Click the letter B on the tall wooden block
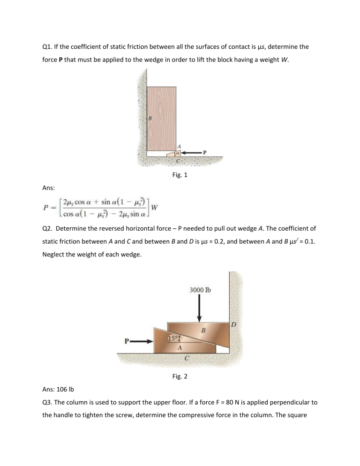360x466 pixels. coord(150,118)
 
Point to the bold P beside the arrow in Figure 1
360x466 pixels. coord(204,152)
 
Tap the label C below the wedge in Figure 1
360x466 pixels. coord(177,161)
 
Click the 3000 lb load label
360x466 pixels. coord(200,289)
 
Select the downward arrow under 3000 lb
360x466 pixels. coord(200,307)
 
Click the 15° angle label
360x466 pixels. coord(173,338)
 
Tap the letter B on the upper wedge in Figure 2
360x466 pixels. coord(203,331)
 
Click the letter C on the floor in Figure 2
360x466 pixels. coord(187,359)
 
